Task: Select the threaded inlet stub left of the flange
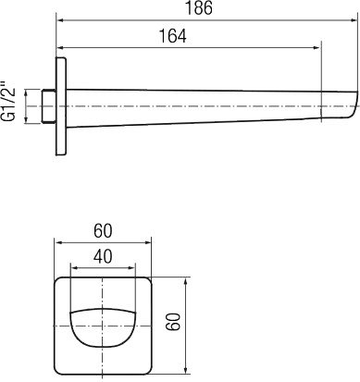coord(48,106)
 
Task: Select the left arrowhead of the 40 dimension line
coord(76,265)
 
